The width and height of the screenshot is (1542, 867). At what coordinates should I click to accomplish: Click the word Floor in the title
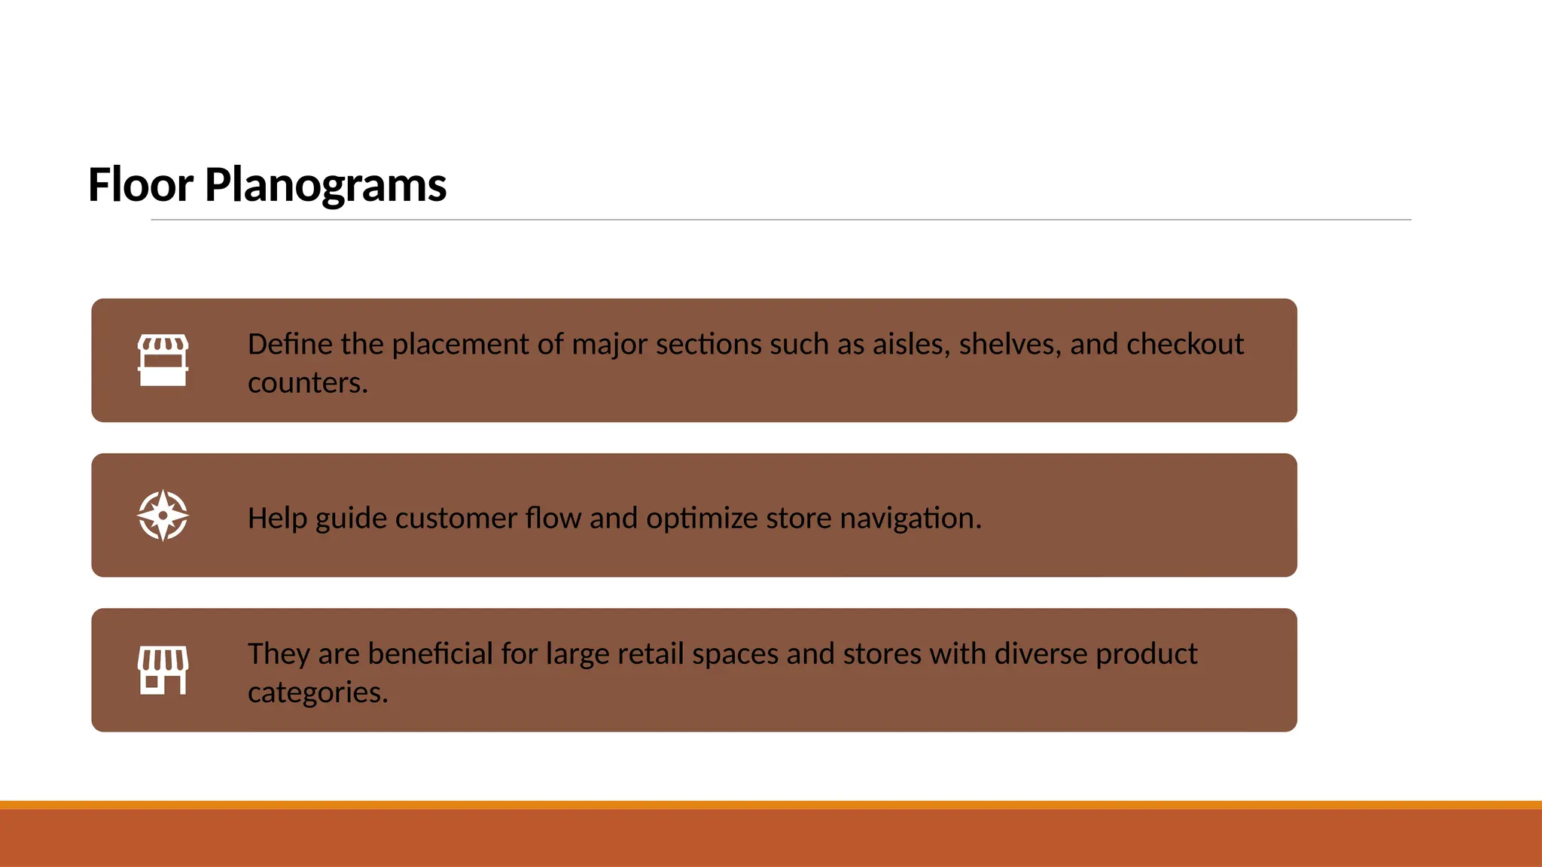tap(141, 184)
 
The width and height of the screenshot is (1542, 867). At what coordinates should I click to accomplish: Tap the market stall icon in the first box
tap(163, 360)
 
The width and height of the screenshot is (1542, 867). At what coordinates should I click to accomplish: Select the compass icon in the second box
tap(163, 516)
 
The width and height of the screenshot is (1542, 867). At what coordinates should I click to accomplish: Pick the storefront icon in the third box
tap(163, 670)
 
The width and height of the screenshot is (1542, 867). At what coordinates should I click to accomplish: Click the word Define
tap(290, 344)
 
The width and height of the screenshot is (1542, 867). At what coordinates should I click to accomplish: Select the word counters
tap(307, 383)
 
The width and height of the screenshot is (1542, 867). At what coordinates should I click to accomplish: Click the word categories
tap(318, 692)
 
